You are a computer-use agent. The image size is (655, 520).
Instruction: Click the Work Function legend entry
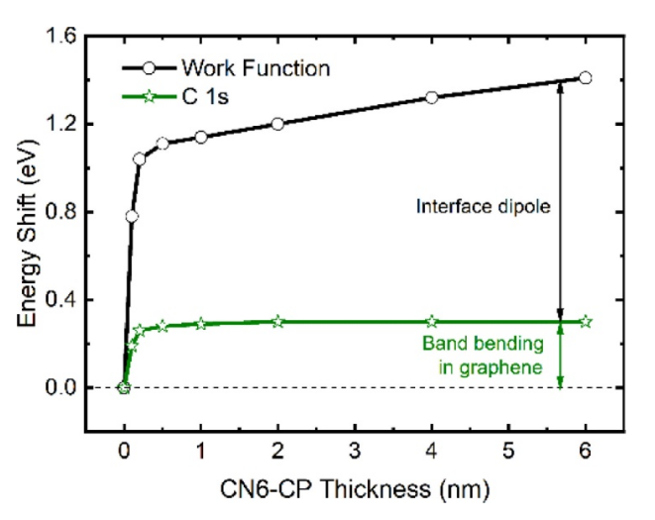[x=256, y=68]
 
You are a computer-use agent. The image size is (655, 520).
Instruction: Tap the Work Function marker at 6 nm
[x=585, y=77]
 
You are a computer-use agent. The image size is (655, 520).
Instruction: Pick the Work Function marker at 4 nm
[x=431, y=97]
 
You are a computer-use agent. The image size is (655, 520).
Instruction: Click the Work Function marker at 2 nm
[x=277, y=124]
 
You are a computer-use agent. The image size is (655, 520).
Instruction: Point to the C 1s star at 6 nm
[x=585, y=322]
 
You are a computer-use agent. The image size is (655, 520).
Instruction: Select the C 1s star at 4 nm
[x=431, y=322]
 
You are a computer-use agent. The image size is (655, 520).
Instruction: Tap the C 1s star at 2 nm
[x=277, y=322]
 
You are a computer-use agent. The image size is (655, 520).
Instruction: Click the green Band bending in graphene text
[x=483, y=356]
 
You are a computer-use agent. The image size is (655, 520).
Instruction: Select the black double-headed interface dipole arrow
[x=561, y=198]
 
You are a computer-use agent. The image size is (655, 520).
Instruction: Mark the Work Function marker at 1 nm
[x=201, y=137]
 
